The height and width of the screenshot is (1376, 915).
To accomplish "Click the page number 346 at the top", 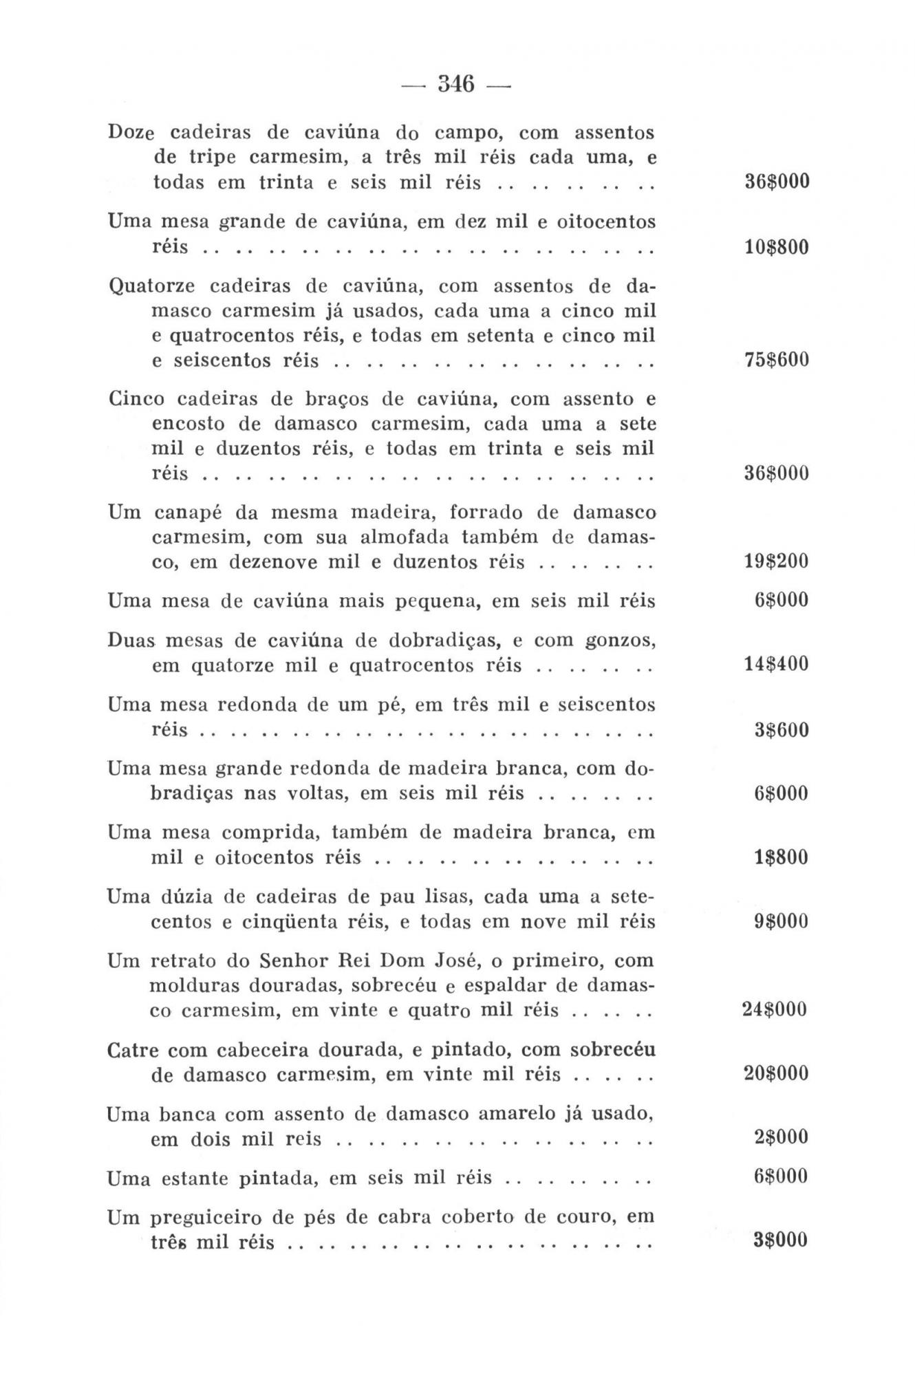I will [457, 85].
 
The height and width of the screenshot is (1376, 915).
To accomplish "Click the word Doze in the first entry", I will [130, 131].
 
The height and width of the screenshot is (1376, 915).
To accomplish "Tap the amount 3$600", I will [782, 729].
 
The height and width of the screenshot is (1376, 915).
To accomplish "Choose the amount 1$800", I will [782, 857].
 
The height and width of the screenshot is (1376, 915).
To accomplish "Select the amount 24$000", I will [775, 1009].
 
